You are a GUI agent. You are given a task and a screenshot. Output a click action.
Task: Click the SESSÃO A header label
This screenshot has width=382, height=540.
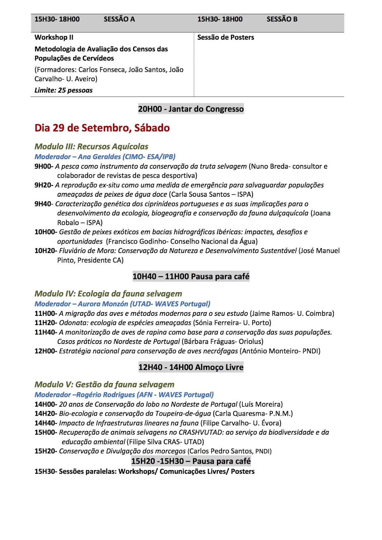(119, 19)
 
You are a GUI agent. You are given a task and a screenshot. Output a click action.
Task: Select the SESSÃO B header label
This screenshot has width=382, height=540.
(282, 19)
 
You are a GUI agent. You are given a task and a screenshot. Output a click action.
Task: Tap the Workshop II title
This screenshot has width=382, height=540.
(54, 37)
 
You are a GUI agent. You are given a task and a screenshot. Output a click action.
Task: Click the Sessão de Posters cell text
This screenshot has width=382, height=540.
(225, 37)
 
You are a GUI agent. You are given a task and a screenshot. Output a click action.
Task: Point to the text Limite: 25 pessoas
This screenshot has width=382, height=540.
(63, 90)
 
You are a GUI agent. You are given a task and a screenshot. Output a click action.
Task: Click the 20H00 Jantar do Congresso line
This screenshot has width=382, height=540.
(191, 109)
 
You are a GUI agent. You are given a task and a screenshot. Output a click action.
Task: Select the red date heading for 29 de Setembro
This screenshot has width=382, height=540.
(102, 128)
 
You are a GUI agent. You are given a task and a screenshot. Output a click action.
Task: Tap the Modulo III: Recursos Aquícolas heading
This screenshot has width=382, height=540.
(91, 146)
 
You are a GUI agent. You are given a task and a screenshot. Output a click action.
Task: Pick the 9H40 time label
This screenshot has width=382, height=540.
(43, 204)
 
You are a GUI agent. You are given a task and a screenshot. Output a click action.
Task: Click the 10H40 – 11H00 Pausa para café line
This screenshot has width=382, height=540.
(191, 276)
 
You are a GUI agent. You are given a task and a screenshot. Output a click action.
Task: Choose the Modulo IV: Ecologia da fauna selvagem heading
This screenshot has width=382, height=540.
(108, 294)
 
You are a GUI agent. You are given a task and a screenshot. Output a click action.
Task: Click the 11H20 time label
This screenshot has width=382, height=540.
(45, 323)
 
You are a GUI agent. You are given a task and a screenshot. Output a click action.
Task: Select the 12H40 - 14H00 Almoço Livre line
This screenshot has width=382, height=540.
(191, 367)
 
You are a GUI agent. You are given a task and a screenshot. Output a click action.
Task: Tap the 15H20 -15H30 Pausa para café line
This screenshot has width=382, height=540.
(191, 461)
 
